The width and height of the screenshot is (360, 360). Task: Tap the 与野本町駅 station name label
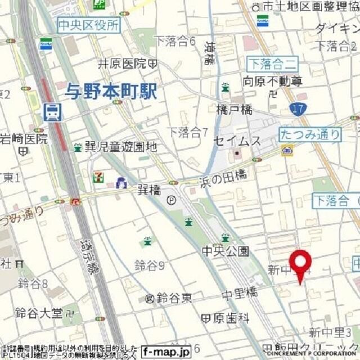click(x=111, y=90)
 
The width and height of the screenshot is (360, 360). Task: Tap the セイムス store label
click(x=237, y=141)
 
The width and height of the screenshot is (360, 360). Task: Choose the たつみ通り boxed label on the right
click(x=310, y=134)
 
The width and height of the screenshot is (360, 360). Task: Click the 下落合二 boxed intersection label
click(x=273, y=62)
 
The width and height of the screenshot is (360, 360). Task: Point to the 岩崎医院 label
click(x=24, y=138)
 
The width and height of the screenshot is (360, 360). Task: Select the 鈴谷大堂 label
click(x=39, y=312)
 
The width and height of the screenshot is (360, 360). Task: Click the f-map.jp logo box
click(x=166, y=350)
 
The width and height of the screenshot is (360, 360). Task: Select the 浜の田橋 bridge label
click(x=223, y=176)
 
